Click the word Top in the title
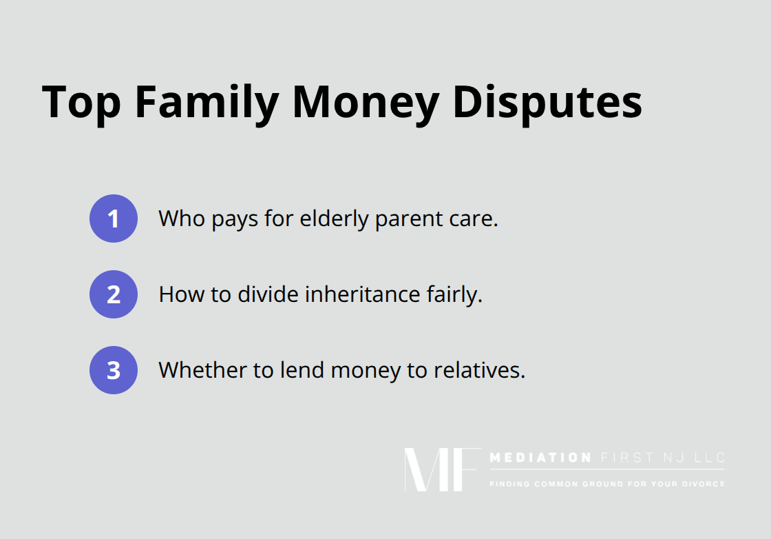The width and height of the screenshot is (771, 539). [x=81, y=103]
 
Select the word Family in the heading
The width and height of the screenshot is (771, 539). [x=206, y=103]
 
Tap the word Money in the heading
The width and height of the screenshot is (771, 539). [x=365, y=103]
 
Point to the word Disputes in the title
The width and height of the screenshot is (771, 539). [x=547, y=103]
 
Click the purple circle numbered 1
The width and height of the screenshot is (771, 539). [x=114, y=218]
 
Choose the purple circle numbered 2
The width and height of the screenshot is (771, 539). [x=114, y=294]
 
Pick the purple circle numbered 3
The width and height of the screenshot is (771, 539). [x=114, y=370]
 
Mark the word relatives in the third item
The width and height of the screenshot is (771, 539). [x=479, y=370]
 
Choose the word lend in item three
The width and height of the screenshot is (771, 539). [x=302, y=370]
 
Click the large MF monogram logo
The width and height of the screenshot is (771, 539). [x=442, y=469]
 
